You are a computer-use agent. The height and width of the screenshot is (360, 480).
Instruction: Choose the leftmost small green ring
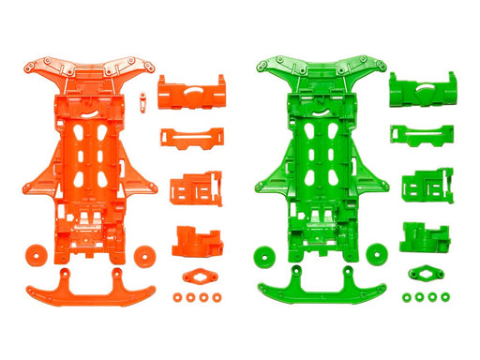pyautogui.click(x=407, y=298)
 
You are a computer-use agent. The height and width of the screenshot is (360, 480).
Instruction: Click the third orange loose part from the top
pyautogui.click(x=195, y=187)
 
